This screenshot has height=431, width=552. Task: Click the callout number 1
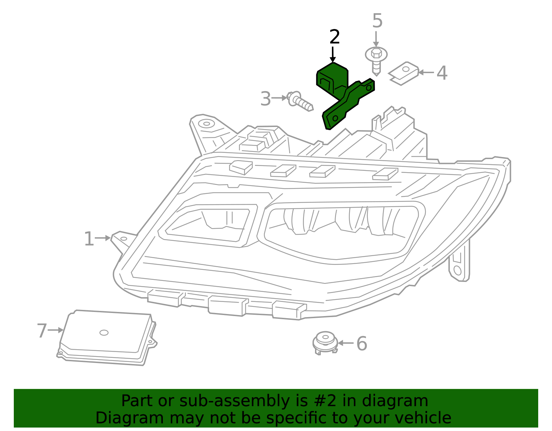tap(89, 239)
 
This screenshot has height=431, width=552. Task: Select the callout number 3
tap(266, 99)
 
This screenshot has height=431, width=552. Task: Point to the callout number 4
tap(442, 73)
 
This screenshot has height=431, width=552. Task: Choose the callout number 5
tap(377, 21)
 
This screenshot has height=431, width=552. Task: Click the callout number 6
tap(362, 344)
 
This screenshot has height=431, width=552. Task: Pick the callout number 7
tap(42, 331)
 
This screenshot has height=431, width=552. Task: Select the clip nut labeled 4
tap(404, 73)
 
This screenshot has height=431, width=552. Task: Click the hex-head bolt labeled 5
tap(376, 60)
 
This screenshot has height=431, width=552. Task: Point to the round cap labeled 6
tap(325, 342)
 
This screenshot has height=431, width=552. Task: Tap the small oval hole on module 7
tap(104, 333)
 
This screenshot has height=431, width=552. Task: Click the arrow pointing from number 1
tap(103, 238)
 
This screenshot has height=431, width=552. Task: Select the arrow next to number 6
tap(346, 343)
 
